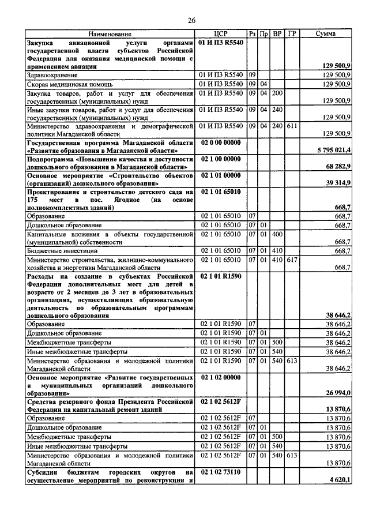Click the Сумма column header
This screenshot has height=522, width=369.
point(326,35)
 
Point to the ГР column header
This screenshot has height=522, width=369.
point(292,35)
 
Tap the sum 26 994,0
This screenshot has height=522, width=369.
point(336,393)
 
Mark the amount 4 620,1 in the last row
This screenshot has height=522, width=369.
point(338,479)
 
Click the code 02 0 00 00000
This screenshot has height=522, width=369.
point(220,141)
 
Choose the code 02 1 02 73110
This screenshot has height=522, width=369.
point(220,471)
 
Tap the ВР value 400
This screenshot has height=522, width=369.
point(277,234)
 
